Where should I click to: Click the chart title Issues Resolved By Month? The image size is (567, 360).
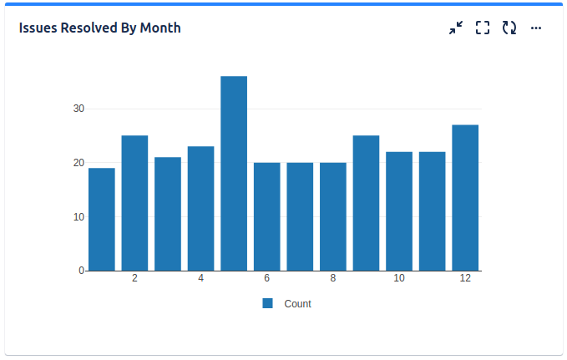(99, 28)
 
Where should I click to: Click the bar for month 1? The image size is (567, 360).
(102, 220)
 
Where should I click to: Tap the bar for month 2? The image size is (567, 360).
(134, 203)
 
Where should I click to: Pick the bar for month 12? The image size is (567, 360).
(465, 198)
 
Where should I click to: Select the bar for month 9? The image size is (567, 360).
(366, 203)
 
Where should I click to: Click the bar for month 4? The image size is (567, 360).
(200, 209)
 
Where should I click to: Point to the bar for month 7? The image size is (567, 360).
(300, 216)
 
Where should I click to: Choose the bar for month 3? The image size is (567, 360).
(168, 214)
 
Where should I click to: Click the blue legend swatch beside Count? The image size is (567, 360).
(268, 303)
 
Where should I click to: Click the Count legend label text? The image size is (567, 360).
(297, 304)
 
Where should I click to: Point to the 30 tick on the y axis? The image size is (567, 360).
(78, 109)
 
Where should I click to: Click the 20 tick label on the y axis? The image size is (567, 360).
(78, 163)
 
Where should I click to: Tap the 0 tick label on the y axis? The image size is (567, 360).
(81, 271)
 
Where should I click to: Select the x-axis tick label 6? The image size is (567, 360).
(266, 278)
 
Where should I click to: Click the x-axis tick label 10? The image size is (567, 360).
(399, 278)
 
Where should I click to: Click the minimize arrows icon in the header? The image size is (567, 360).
(455, 28)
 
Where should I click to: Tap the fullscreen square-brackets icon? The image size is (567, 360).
(482, 28)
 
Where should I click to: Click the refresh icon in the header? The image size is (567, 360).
(509, 28)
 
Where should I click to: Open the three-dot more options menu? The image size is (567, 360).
(536, 28)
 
